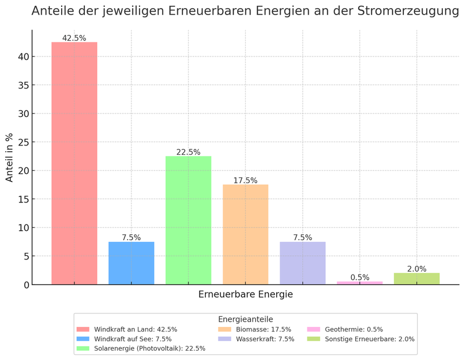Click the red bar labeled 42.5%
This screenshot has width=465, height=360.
coord(74,163)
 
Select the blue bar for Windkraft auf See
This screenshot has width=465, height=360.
coord(131,263)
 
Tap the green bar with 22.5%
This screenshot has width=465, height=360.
coord(188,220)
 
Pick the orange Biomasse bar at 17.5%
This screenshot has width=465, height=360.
coord(245,234)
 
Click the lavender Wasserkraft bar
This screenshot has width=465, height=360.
coord(302,263)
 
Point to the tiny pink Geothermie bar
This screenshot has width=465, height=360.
coord(360,283)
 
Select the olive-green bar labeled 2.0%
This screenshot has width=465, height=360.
coord(417,279)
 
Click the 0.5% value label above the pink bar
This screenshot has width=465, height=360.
coord(360,277)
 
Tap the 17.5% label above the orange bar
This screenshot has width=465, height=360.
coord(245,180)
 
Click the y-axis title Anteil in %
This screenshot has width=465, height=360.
coord(9,157)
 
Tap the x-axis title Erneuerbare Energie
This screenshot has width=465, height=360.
coord(245,294)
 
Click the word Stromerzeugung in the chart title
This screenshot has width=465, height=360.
coord(406,10)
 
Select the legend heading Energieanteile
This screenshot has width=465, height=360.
coord(245,319)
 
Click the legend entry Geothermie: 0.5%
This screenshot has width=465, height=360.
coord(354,329)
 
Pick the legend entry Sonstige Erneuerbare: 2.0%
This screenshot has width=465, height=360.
coord(370,338)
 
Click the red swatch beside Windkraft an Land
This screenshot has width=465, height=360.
coord(83,329)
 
